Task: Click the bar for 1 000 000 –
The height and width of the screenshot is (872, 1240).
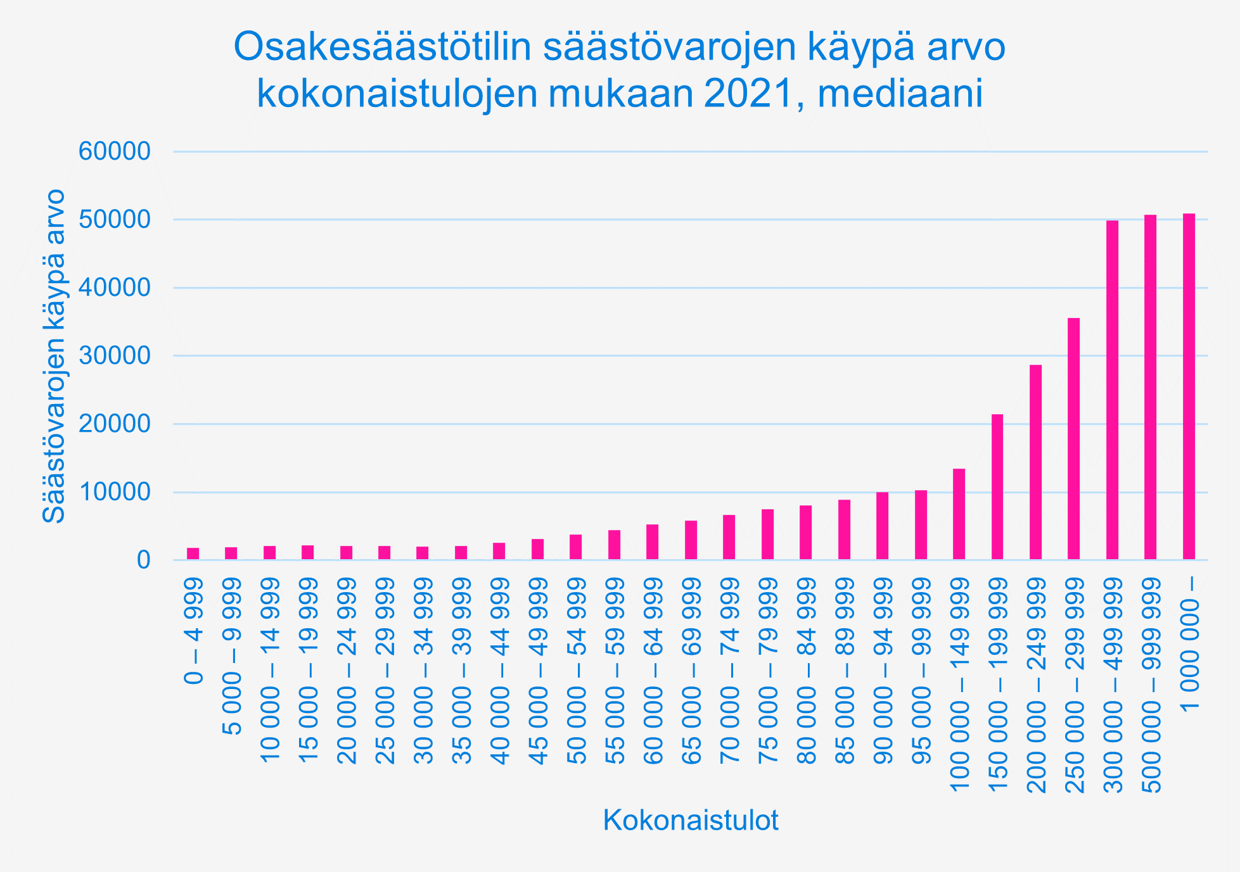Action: tap(1189, 387)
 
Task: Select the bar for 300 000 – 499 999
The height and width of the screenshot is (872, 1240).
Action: tap(1112, 390)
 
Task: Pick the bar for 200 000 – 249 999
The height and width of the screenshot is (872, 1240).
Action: tap(1035, 462)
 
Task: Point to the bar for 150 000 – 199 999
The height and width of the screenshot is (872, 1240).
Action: tap(997, 487)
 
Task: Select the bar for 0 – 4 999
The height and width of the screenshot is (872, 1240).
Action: tap(193, 554)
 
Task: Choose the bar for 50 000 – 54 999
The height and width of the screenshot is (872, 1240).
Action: tap(576, 547)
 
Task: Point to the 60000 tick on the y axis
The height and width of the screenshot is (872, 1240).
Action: tap(115, 152)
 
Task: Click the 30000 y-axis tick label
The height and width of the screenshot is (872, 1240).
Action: tap(115, 356)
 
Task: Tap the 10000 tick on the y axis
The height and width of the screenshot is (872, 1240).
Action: tap(115, 492)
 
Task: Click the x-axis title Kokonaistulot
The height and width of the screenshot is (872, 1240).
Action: tap(691, 820)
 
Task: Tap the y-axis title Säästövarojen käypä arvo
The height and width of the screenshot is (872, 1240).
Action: tap(54, 356)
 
